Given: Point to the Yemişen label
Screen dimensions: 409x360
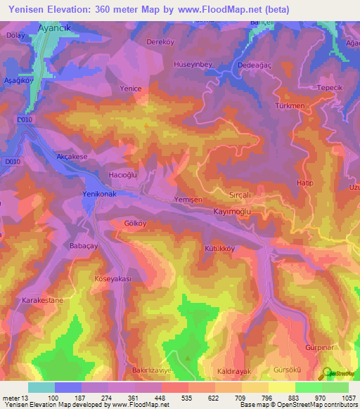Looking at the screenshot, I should [x=188, y=200].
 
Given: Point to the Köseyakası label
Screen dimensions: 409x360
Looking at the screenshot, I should [x=113, y=279].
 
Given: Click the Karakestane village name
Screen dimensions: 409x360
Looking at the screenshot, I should [x=42, y=300].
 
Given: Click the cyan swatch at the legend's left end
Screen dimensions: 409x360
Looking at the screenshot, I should [x=41, y=387].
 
